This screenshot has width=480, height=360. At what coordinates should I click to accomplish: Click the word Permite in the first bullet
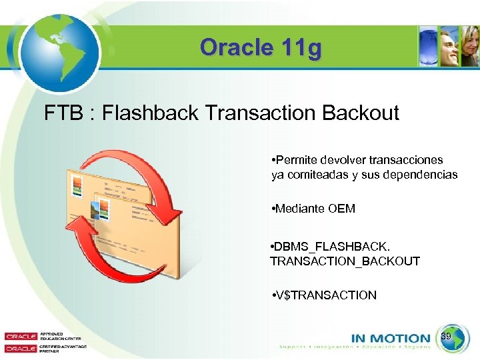(297, 160)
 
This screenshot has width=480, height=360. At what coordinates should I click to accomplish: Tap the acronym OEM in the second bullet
(341, 209)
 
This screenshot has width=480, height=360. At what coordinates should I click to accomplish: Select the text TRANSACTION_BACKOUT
(345, 261)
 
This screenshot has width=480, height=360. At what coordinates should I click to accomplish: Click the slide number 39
(447, 338)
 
